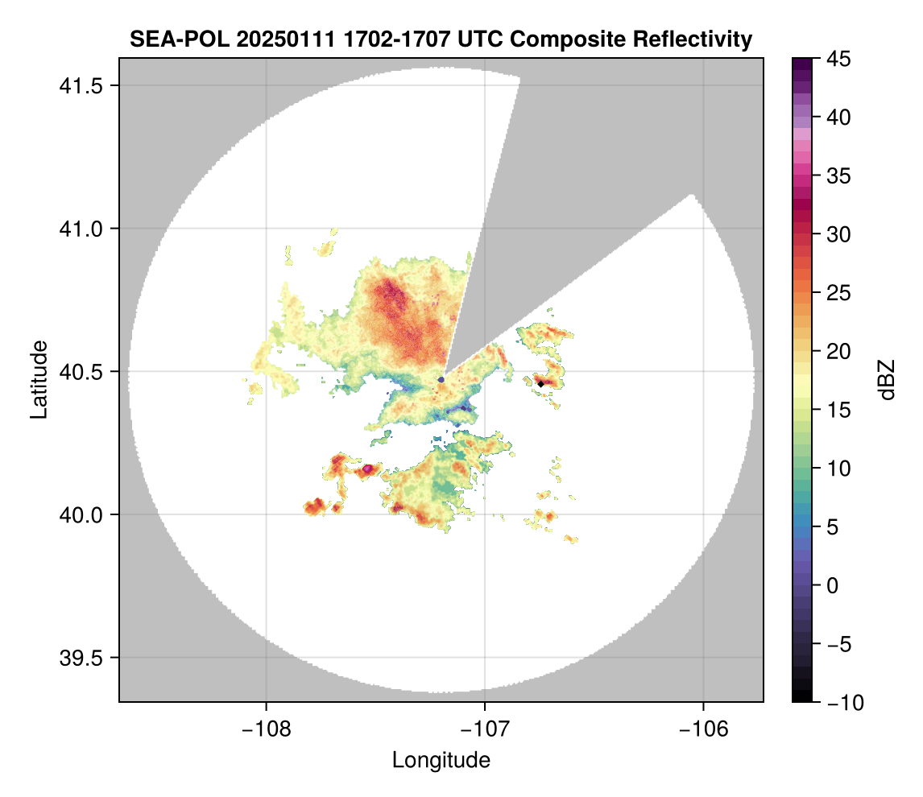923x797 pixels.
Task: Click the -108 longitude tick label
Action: pyautogui.click(x=265, y=729)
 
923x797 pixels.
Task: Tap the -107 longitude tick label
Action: pyautogui.click(x=484, y=729)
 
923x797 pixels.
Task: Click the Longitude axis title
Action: pyautogui.click(x=441, y=760)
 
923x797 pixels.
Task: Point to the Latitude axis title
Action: pyautogui.click(x=38, y=379)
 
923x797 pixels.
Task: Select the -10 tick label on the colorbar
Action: pyautogui.click(x=842, y=703)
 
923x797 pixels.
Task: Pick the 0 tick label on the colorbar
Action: pyautogui.click(x=834, y=585)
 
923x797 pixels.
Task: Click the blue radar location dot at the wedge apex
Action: pyautogui.click(x=441, y=379)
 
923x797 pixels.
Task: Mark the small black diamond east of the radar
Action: pyautogui.click(x=540, y=384)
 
